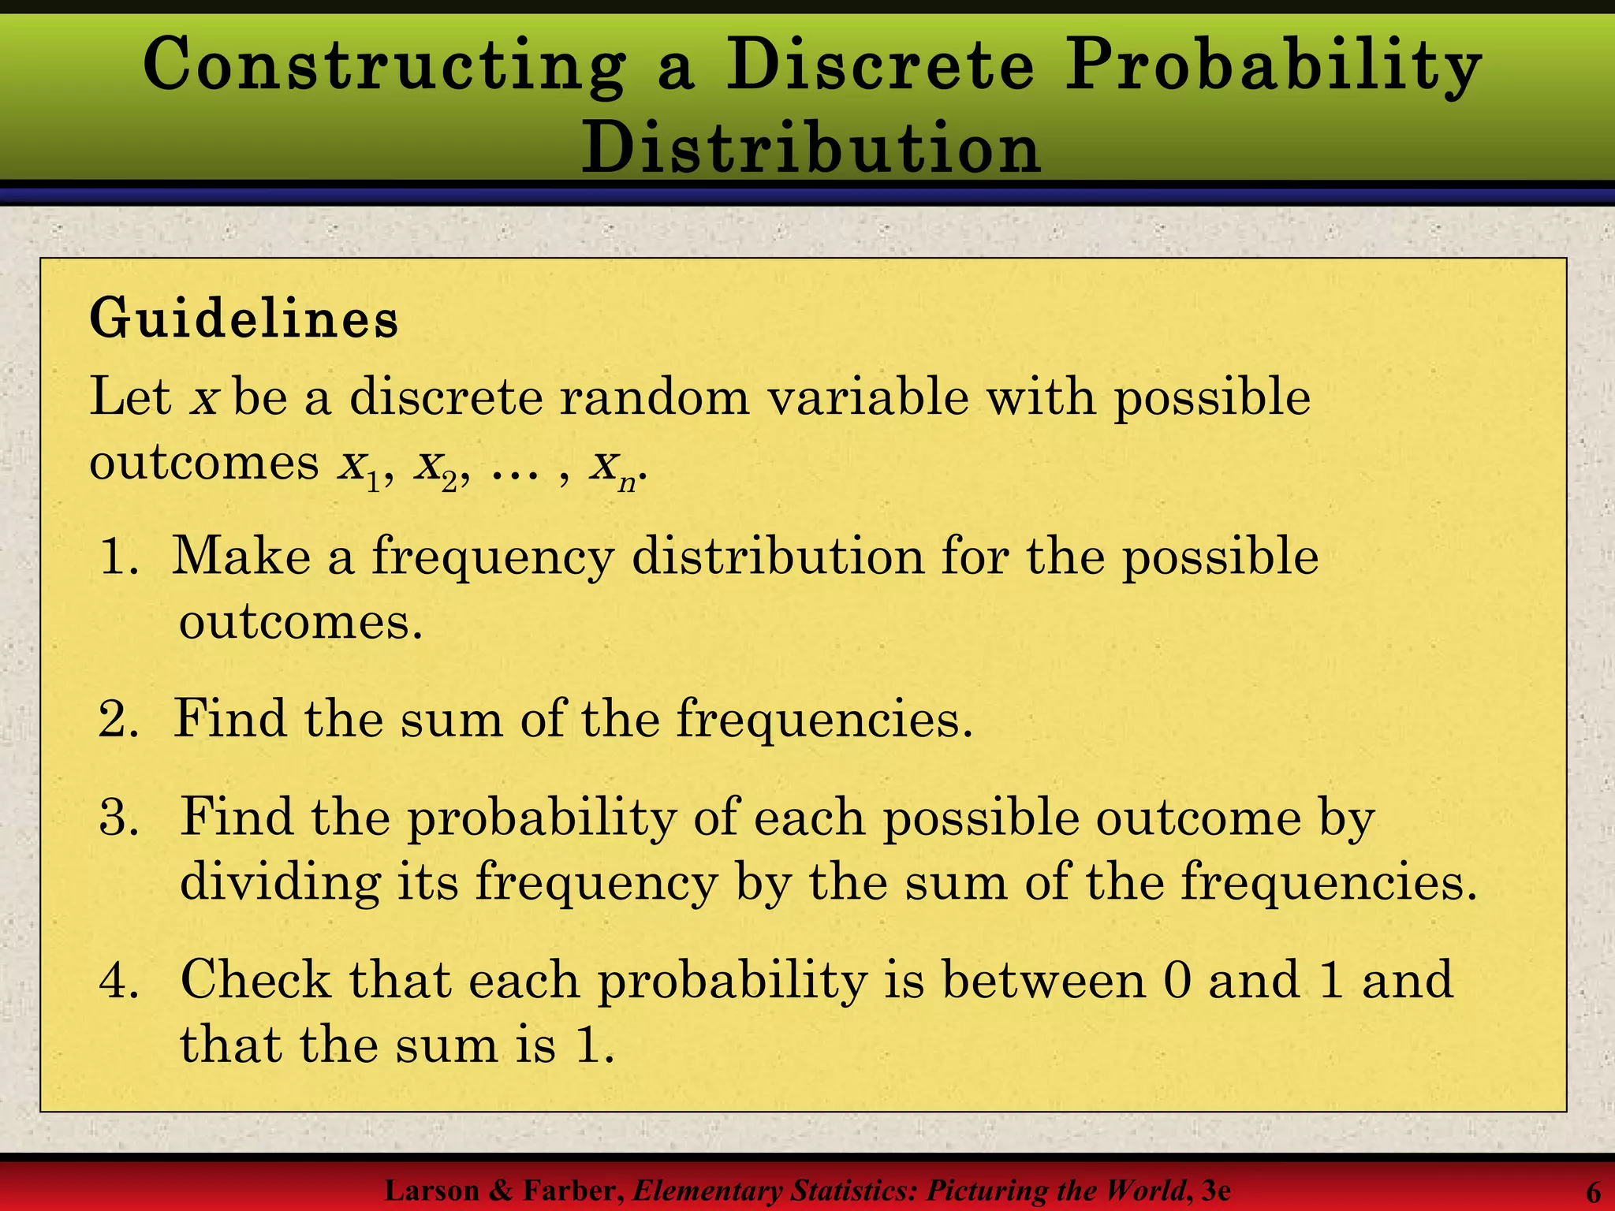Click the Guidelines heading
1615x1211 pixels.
click(244, 319)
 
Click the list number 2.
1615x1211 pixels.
click(117, 719)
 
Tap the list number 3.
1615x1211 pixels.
click(118, 817)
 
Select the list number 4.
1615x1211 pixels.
click(118, 980)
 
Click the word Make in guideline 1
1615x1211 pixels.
click(241, 557)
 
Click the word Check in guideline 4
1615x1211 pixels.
click(255, 980)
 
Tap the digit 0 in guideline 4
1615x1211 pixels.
click(1176, 980)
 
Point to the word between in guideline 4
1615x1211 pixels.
click(1044, 980)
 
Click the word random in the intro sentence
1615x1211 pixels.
click(655, 397)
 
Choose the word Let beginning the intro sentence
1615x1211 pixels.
click(130, 397)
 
